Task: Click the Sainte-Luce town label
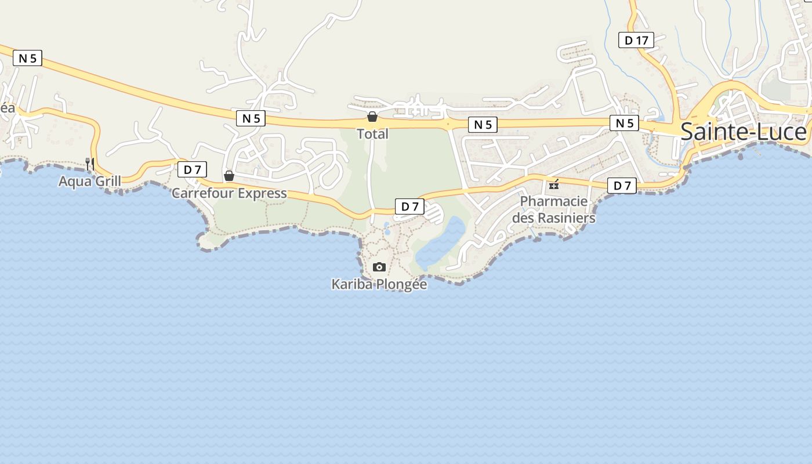click(x=743, y=132)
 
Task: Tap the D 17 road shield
click(x=636, y=40)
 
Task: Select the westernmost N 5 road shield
click(x=27, y=58)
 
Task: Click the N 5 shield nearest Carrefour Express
click(x=251, y=118)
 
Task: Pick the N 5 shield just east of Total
click(x=483, y=125)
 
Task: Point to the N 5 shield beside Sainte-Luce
click(x=624, y=123)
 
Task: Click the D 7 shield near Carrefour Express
click(x=192, y=170)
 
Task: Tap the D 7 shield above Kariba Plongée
click(x=409, y=206)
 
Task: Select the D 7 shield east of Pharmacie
click(x=622, y=186)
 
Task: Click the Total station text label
click(x=372, y=134)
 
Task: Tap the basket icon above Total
click(x=372, y=117)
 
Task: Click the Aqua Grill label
click(x=90, y=182)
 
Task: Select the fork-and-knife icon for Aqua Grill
click(x=90, y=164)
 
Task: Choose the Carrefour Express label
click(x=229, y=193)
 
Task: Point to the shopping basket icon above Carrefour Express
click(x=229, y=175)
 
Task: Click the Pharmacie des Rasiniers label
click(x=553, y=209)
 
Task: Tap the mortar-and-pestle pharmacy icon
click(x=554, y=185)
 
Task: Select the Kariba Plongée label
click(x=379, y=284)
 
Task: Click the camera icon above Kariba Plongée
click(x=379, y=267)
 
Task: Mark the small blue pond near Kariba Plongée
click(x=441, y=244)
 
